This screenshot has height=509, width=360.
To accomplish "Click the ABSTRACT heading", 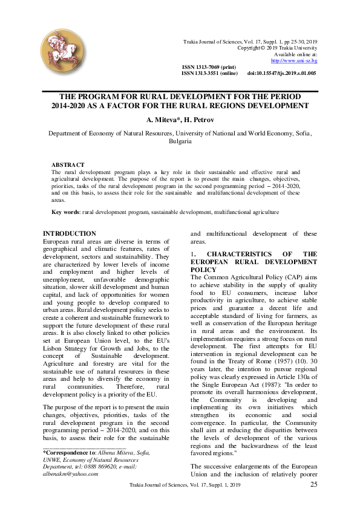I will pyautogui.click(x=68, y=164).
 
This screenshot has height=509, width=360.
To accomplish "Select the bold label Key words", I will pyautogui.click(x=65, y=212).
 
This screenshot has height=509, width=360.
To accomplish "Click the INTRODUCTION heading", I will pyautogui.click(x=69, y=233).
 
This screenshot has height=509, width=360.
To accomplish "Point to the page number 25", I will pyautogui.click(x=313, y=484).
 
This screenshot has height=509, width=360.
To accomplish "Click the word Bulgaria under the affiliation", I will pyautogui.click(x=180, y=142).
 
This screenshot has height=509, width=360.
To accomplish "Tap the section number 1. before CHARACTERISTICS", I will pyautogui.click(x=193, y=254).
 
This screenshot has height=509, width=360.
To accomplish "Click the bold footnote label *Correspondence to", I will pyautogui.click(x=68, y=452).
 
